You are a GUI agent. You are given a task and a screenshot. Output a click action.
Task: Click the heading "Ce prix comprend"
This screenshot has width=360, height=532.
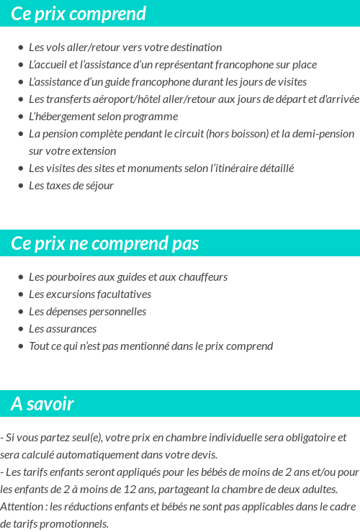click(x=78, y=14)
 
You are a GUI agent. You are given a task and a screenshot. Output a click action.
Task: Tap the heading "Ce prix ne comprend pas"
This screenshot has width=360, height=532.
click(x=104, y=243)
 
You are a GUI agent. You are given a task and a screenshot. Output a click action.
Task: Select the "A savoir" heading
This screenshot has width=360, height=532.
click(x=42, y=404)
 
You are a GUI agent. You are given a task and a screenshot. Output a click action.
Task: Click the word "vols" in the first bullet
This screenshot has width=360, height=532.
click(x=56, y=48)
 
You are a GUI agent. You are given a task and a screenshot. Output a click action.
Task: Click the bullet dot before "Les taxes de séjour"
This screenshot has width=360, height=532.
click(x=21, y=186)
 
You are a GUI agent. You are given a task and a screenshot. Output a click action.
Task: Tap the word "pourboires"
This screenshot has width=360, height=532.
click(x=71, y=277)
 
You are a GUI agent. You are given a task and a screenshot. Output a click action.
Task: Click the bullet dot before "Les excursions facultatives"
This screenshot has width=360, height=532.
click(x=21, y=294)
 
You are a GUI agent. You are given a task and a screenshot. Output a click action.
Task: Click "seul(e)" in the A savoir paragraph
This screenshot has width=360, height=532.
click(x=78, y=438)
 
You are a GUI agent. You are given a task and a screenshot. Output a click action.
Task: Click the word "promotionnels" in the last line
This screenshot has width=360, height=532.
click(x=74, y=524)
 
